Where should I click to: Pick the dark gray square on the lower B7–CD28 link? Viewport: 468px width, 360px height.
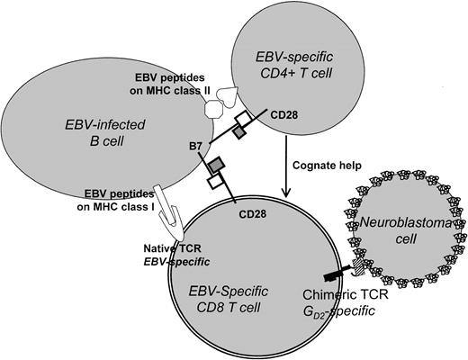pos(216,165)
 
